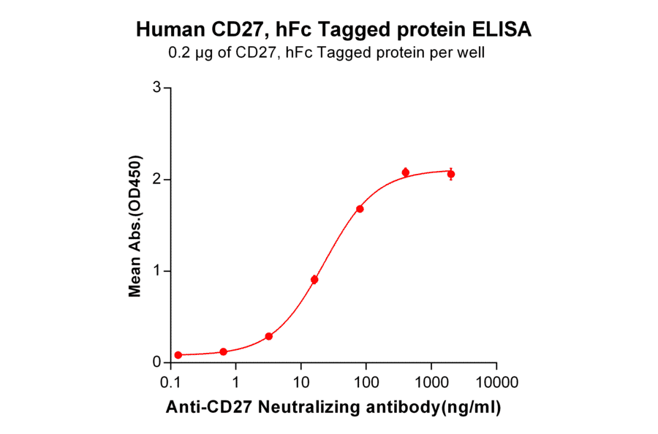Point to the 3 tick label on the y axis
[x=156, y=88]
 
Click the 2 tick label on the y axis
[x=156, y=180]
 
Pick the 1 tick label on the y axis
[x=156, y=271]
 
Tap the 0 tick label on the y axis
[x=156, y=362]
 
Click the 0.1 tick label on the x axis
[x=170, y=382]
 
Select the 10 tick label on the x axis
[x=300, y=382]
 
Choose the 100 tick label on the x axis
[x=366, y=382]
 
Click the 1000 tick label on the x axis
[x=431, y=382]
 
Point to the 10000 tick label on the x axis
[x=496, y=382]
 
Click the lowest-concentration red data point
[x=178, y=355]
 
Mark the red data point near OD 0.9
[x=314, y=279]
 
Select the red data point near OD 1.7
[x=360, y=209]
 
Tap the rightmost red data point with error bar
[x=451, y=174]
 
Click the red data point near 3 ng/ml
[x=269, y=336]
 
